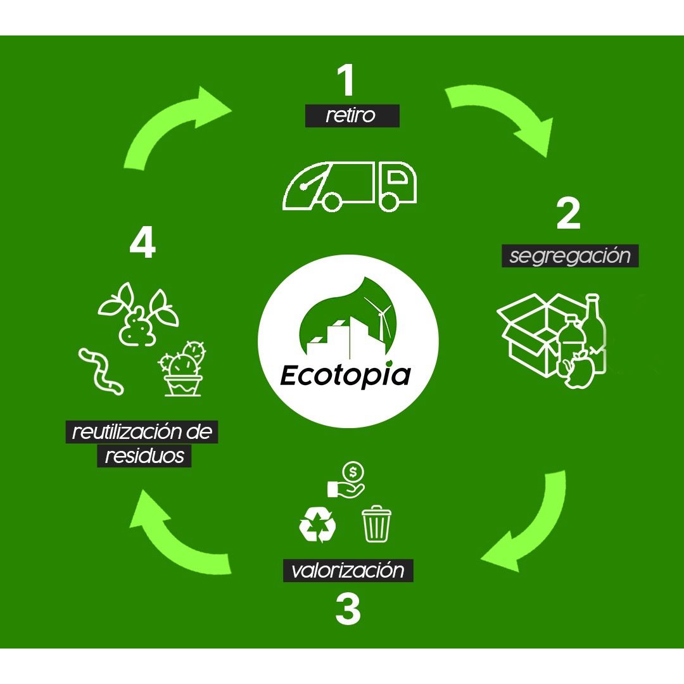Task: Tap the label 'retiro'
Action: [351, 117]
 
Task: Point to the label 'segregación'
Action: [570, 256]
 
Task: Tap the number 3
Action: [348, 609]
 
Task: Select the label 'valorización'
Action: [348, 570]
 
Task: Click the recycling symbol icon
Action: [317, 524]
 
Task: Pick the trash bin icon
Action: [376, 523]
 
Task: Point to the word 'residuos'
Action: [144, 456]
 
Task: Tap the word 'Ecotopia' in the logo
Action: [345, 375]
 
